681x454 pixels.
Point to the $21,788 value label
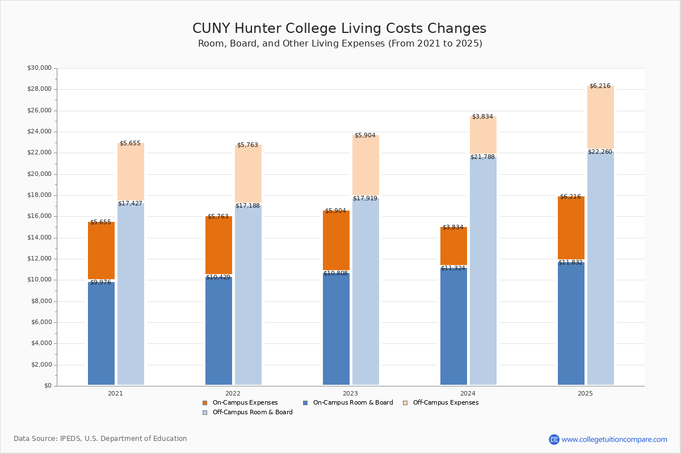(x=483, y=157)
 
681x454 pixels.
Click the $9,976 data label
(x=100, y=282)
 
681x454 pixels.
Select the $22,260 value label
(x=600, y=152)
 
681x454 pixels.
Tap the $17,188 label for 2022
(x=248, y=205)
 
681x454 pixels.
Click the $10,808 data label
(x=335, y=273)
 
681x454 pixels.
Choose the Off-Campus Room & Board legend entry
(x=252, y=413)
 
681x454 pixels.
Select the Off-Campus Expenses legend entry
(x=445, y=403)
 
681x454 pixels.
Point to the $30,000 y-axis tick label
(x=39, y=68)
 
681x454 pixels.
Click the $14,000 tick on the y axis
(x=39, y=238)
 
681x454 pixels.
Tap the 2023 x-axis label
(x=350, y=393)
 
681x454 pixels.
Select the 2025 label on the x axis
(x=585, y=393)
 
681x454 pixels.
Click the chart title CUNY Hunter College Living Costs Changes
(x=339, y=29)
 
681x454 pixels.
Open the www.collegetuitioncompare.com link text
(x=614, y=439)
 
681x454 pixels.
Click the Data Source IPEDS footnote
(x=100, y=439)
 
